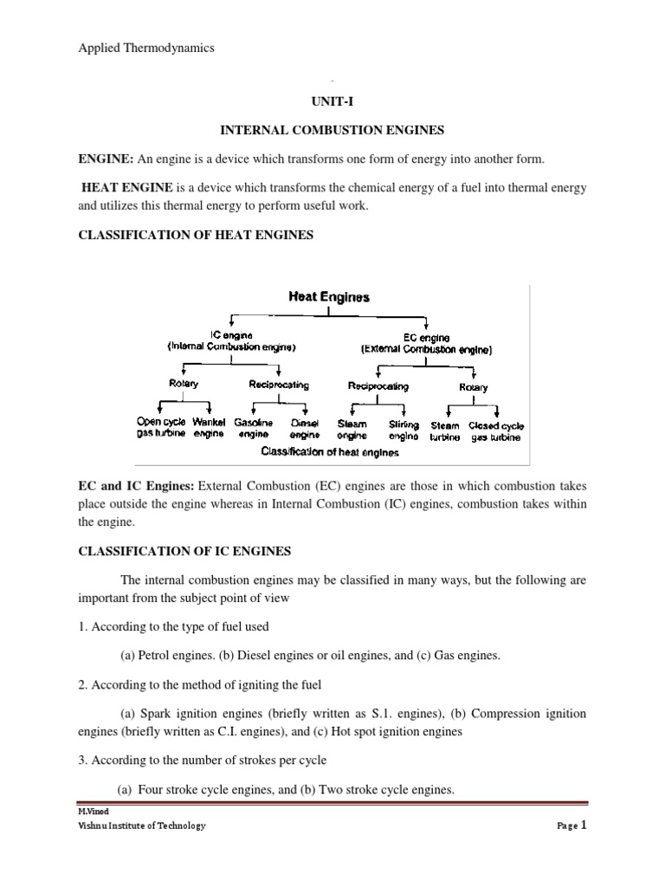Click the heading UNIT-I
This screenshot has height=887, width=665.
tap(332, 101)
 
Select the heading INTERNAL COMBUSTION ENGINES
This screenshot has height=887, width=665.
tap(332, 131)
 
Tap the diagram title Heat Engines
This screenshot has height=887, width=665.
tap(329, 297)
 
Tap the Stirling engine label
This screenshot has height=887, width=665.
tap(404, 431)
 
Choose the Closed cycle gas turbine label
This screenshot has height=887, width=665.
tap(496, 431)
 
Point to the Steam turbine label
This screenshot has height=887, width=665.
tap(445, 431)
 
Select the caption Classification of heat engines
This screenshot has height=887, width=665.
tap(330, 451)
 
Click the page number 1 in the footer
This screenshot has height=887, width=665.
tap(584, 825)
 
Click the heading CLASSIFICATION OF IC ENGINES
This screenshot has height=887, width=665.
tap(184, 550)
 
